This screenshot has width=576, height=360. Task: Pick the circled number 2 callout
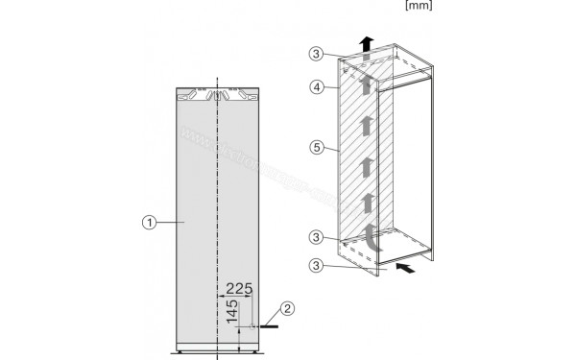point(284,309)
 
